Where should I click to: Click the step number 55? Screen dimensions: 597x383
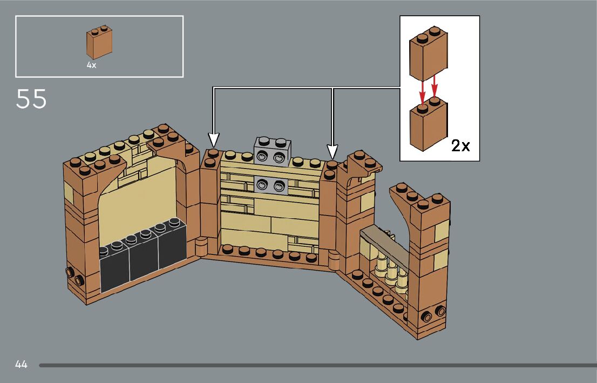click(31, 99)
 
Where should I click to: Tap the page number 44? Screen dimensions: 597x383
click(21, 365)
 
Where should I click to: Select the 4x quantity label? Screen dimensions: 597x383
click(91, 64)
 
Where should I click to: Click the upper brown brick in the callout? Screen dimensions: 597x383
click(430, 54)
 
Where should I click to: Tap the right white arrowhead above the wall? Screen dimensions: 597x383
click(333, 150)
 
